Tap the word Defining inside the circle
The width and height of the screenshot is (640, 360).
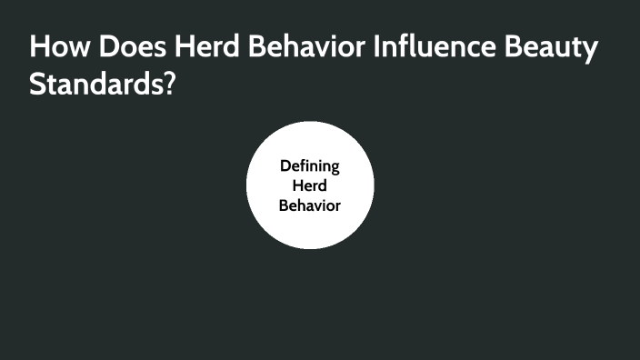click(x=309, y=166)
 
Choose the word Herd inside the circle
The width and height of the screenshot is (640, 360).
click(x=309, y=185)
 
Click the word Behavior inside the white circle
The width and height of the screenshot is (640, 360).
click(x=309, y=205)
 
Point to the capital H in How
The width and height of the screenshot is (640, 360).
click(x=39, y=49)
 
